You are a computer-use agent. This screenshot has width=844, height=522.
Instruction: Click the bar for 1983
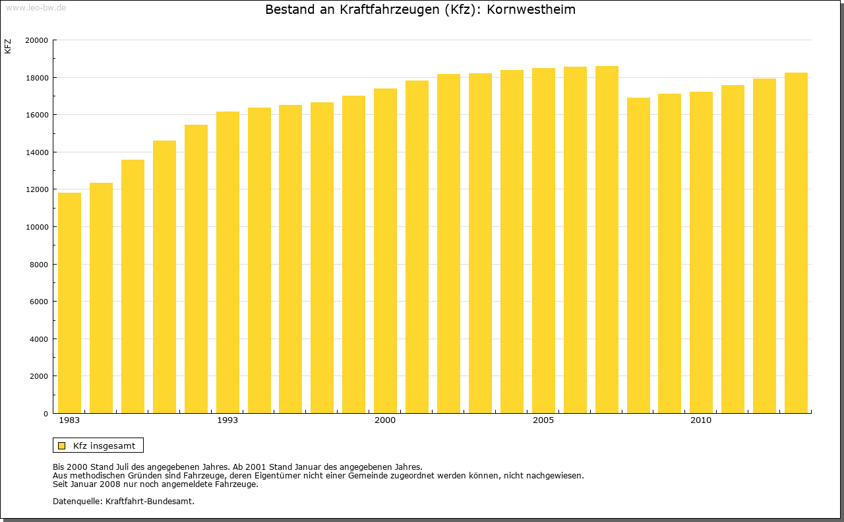pyautogui.click(x=69, y=303)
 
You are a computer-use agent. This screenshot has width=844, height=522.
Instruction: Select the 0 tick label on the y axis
pyautogui.click(x=45, y=414)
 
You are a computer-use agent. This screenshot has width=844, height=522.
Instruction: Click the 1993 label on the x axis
pyautogui.click(x=227, y=420)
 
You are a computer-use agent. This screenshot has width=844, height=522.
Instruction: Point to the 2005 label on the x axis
pyautogui.click(x=543, y=420)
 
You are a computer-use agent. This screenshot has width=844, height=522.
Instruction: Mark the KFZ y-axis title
pyautogui.click(x=8, y=46)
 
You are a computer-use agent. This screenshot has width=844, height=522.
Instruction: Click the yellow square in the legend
pyautogui.click(x=62, y=445)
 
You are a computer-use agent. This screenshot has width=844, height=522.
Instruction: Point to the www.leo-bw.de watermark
pyautogui.click(x=36, y=7)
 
